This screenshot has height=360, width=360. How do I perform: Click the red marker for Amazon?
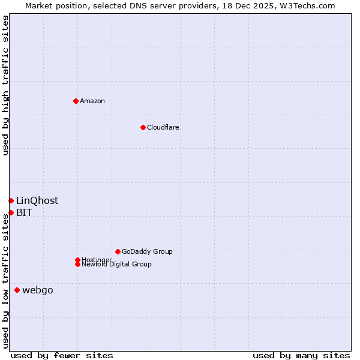[x=76, y=101]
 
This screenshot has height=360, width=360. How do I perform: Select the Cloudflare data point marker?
[x=143, y=127]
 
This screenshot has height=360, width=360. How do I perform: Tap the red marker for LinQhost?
[x=11, y=200]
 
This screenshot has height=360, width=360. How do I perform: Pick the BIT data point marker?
[x=11, y=212]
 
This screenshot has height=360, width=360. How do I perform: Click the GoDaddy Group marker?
[x=118, y=251]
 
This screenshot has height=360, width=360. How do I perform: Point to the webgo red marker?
[x=17, y=290]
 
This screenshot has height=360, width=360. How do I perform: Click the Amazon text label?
[x=92, y=101]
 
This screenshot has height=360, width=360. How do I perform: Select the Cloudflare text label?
[x=163, y=127]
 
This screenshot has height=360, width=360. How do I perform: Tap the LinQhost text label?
[x=37, y=201]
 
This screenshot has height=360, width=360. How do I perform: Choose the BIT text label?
[x=24, y=213]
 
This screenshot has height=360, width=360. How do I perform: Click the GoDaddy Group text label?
[x=147, y=251]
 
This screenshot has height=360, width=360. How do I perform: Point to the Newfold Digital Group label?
[x=116, y=265]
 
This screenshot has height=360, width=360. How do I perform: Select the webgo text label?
[x=38, y=290]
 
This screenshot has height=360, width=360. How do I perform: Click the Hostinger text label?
[x=97, y=259]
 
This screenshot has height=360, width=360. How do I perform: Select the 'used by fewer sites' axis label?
[x=62, y=355]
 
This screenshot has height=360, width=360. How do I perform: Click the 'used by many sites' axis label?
[x=301, y=355]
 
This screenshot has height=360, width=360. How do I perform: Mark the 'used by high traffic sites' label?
[x=5, y=85]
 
